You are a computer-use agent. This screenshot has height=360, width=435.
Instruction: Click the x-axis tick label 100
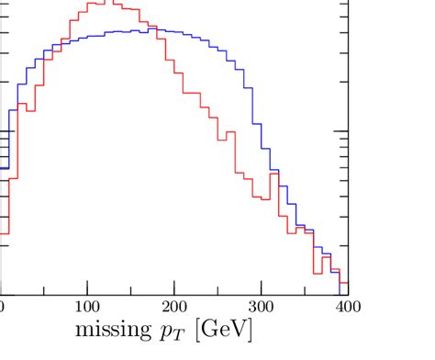[87, 305]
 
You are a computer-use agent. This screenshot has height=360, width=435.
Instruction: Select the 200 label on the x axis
[174, 305]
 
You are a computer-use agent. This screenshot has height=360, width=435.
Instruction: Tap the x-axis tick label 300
[262, 305]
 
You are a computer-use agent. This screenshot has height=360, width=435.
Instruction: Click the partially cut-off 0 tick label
[2, 305]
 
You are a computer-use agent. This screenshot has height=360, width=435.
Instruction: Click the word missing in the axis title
[114, 328]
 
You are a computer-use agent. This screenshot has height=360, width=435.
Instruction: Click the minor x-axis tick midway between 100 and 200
[131, 290]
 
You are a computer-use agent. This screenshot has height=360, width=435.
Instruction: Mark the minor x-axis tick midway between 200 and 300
[218, 290]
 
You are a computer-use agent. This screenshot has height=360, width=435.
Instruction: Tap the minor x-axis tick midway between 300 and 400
[306, 290]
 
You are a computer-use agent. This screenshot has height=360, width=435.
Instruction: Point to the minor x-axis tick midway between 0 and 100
[44, 290]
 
